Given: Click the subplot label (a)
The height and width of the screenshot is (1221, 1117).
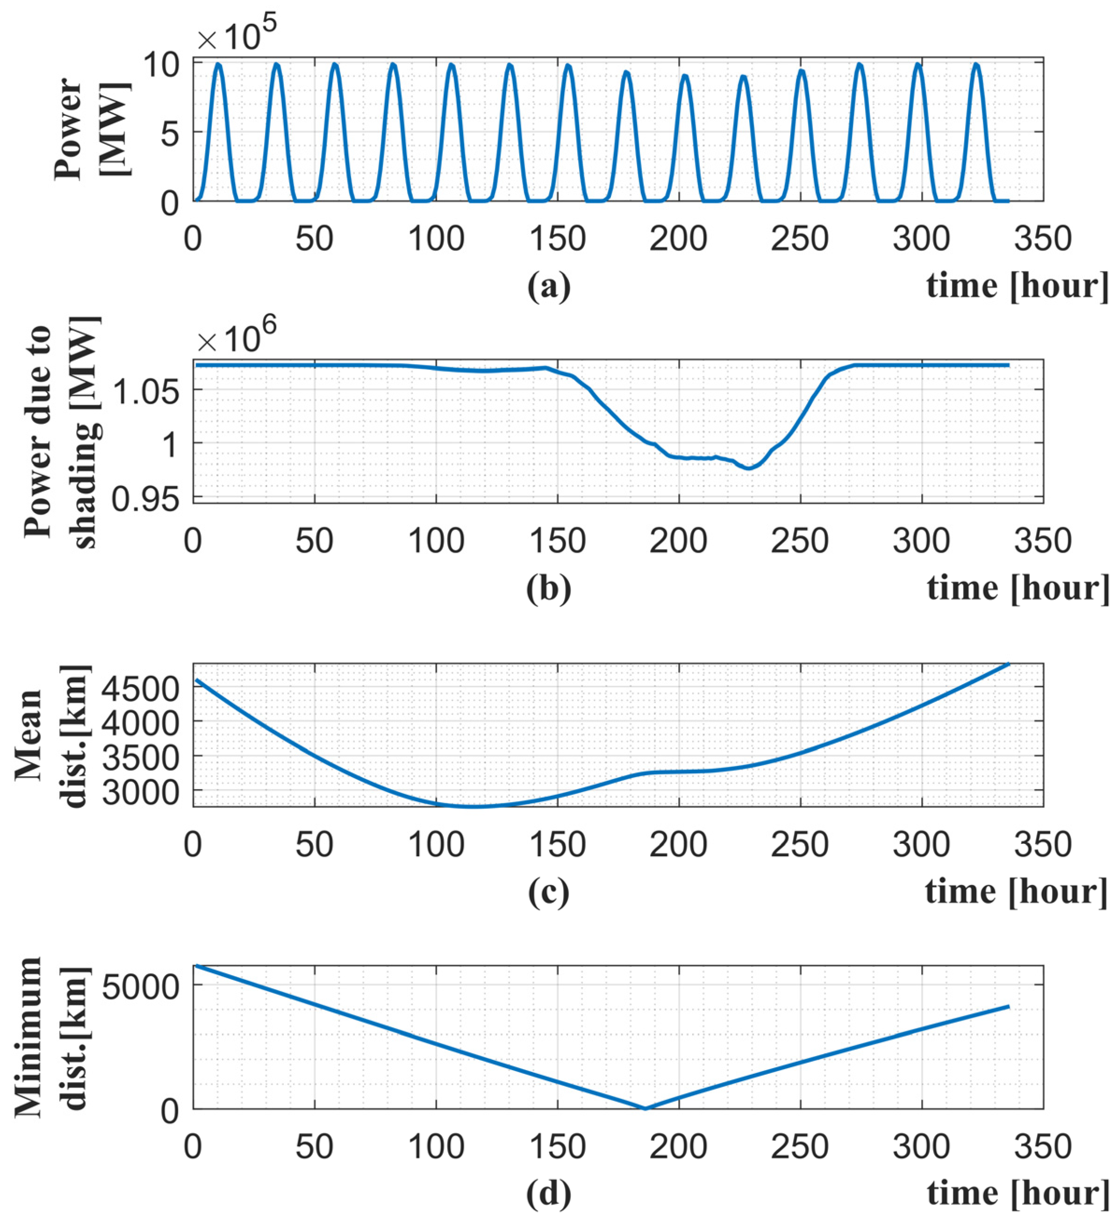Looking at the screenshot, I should coord(548,286).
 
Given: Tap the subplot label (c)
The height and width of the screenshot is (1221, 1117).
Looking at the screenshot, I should coord(548,892).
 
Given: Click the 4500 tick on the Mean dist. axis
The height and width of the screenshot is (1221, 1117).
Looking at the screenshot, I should coord(139,688).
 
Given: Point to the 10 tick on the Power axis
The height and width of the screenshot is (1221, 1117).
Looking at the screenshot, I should coord(162,63).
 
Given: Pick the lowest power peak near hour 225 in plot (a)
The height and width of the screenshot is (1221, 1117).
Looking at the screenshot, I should coord(743,77).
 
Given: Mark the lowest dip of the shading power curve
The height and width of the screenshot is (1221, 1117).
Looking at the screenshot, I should coord(749,468).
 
